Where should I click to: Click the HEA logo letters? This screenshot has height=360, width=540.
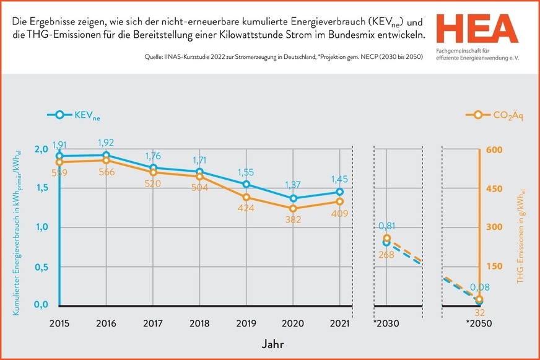(x=476, y=28)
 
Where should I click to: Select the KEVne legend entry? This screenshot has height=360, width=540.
(x=73, y=115)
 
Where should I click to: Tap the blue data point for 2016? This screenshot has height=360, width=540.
(x=107, y=156)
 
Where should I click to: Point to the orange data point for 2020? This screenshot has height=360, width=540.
(x=294, y=209)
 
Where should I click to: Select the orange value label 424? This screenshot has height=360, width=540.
(x=246, y=209)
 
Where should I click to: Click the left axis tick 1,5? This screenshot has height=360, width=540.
(x=41, y=188)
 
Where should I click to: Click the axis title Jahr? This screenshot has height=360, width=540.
(x=268, y=342)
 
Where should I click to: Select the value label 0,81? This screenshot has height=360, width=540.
(x=387, y=226)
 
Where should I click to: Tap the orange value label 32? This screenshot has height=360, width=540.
(x=479, y=312)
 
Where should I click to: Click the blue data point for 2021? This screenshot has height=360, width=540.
(x=340, y=192)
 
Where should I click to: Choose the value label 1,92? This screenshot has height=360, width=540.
(x=107, y=143)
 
